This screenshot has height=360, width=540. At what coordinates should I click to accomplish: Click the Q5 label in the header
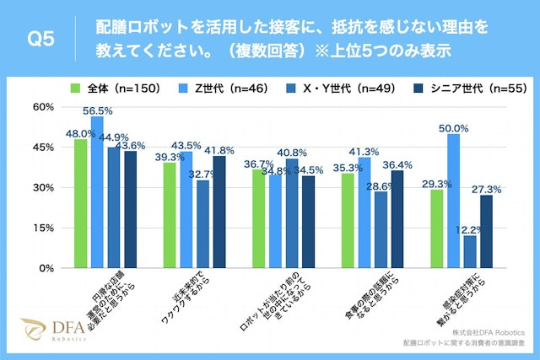(x=41, y=39)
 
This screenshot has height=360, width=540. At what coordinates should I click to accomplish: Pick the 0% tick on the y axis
(x=46, y=268)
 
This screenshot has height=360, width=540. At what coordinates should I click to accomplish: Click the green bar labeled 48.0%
(x=80, y=203)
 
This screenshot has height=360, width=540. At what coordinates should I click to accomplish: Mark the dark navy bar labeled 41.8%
(x=219, y=212)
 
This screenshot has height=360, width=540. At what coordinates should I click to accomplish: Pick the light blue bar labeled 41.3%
(x=364, y=212)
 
